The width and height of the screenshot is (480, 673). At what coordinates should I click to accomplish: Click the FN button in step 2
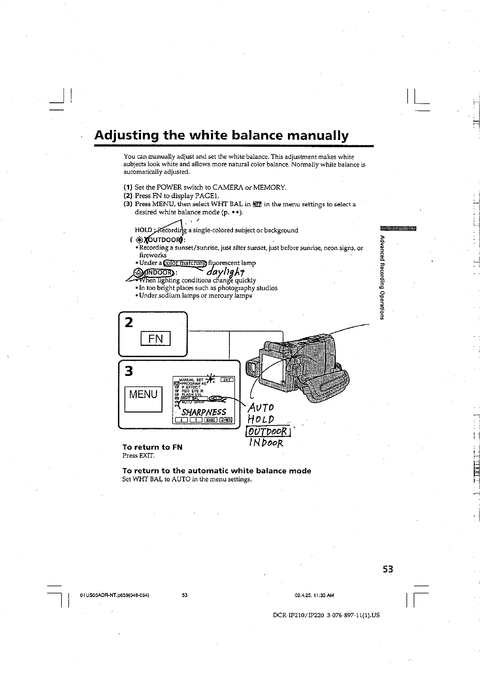click(155, 339)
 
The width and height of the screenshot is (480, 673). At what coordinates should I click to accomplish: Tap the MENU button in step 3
click(143, 394)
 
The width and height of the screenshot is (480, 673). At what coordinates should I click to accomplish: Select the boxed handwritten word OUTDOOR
click(267, 432)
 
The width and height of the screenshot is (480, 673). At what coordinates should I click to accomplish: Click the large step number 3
click(129, 371)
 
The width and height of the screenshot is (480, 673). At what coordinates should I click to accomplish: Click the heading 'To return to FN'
click(152, 447)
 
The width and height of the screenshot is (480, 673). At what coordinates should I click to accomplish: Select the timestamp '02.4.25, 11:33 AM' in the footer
click(314, 595)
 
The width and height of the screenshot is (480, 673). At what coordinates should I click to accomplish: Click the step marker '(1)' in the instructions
click(128, 187)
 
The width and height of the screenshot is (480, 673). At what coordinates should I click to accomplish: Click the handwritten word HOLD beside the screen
click(261, 419)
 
